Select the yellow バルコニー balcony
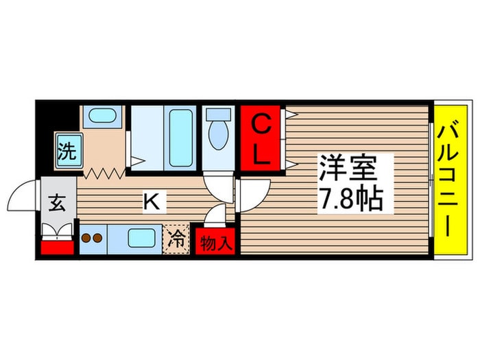[452, 180]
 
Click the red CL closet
[260, 139]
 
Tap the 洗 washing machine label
[67, 150]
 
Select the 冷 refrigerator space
[176, 240]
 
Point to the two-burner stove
[92, 239]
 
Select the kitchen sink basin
[143, 239]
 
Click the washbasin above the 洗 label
[101, 117]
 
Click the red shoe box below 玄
[57, 243]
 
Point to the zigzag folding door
[102, 172]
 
